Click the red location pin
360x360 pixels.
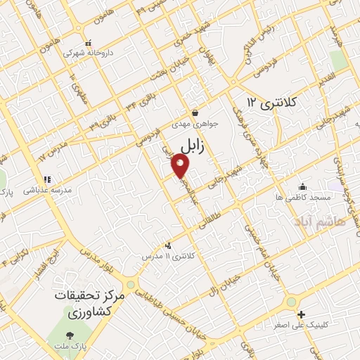point(181,165)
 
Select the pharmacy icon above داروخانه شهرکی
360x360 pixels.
point(88,41)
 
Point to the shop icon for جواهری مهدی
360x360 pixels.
point(194,112)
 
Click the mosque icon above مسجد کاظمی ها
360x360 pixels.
point(303,186)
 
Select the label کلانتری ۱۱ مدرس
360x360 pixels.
point(167,257)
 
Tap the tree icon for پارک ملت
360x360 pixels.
point(70,335)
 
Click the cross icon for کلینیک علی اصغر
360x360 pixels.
point(301,314)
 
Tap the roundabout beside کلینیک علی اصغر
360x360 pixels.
point(290,302)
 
